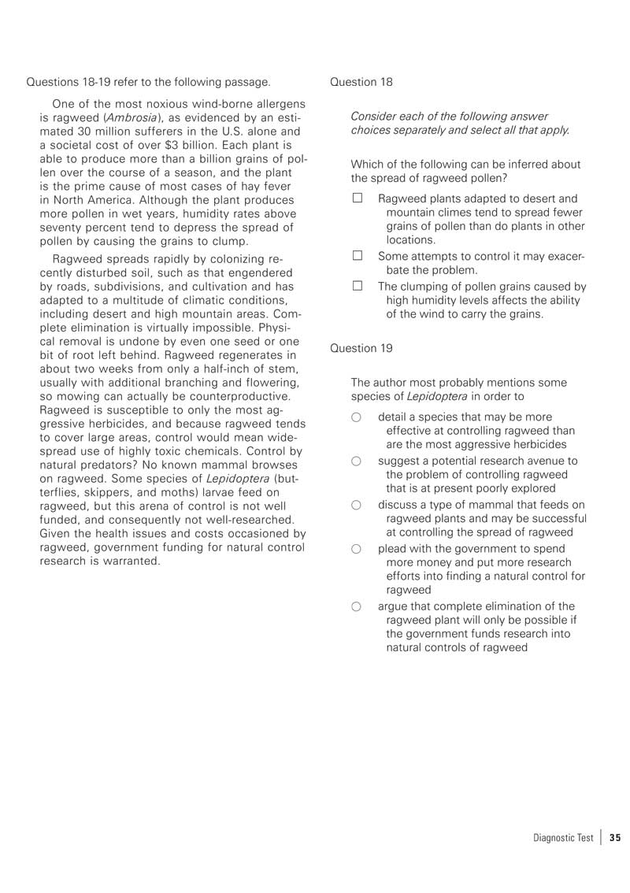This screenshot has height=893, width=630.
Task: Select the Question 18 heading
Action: tap(361, 82)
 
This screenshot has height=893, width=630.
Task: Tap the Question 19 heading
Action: tap(361, 347)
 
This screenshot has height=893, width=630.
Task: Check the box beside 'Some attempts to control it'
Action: tap(357, 256)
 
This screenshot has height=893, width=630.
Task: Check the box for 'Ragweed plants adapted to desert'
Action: tap(357, 198)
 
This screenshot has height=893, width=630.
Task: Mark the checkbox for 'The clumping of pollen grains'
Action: tap(357, 287)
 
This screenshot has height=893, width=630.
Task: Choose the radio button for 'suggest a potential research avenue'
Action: tap(357, 461)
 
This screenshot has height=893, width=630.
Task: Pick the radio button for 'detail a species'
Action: tap(357, 417)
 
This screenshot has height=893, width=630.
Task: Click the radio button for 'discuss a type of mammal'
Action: tap(357, 505)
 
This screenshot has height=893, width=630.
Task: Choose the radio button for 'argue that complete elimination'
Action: tap(357, 606)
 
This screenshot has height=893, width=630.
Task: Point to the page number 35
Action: tap(615, 838)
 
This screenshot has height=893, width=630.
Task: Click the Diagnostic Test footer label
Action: tap(563, 838)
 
